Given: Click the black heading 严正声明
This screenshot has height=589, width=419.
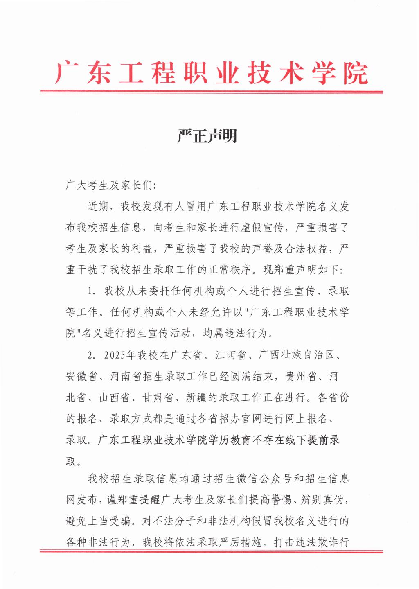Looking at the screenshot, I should point(207,136).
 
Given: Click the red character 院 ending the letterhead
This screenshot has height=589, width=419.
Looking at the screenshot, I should point(356,74).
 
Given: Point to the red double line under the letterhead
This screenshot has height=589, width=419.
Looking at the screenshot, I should point(211,92).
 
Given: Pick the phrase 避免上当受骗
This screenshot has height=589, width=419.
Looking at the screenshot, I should point(98,521).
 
